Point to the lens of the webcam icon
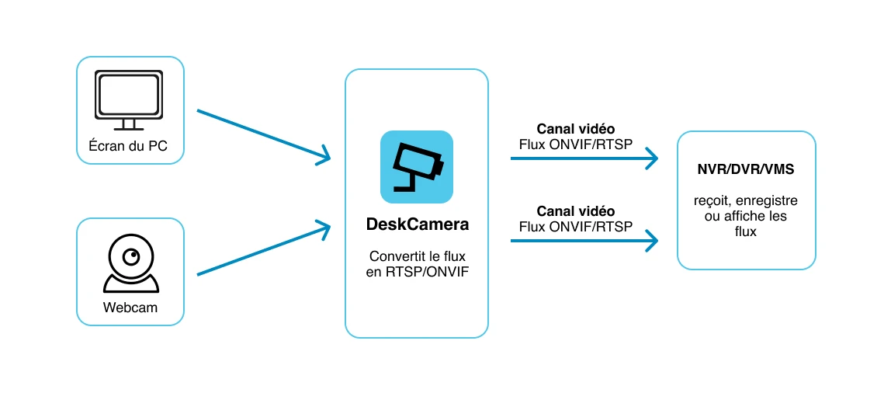tap(131, 258)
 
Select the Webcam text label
tap(130, 308)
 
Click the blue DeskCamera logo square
tap(417, 167)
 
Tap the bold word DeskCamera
tap(417, 224)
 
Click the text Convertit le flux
tap(417, 256)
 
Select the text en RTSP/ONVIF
tap(417, 273)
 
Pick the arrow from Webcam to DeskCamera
tap(264, 248)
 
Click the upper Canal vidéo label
tap(576, 129)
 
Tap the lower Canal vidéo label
tap(576, 211)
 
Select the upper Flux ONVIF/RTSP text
tap(576, 144)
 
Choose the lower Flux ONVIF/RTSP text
tap(576, 227)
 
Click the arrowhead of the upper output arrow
tap(651, 158)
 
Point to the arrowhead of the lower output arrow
tap(651, 241)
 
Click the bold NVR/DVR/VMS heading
tap(746, 169)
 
